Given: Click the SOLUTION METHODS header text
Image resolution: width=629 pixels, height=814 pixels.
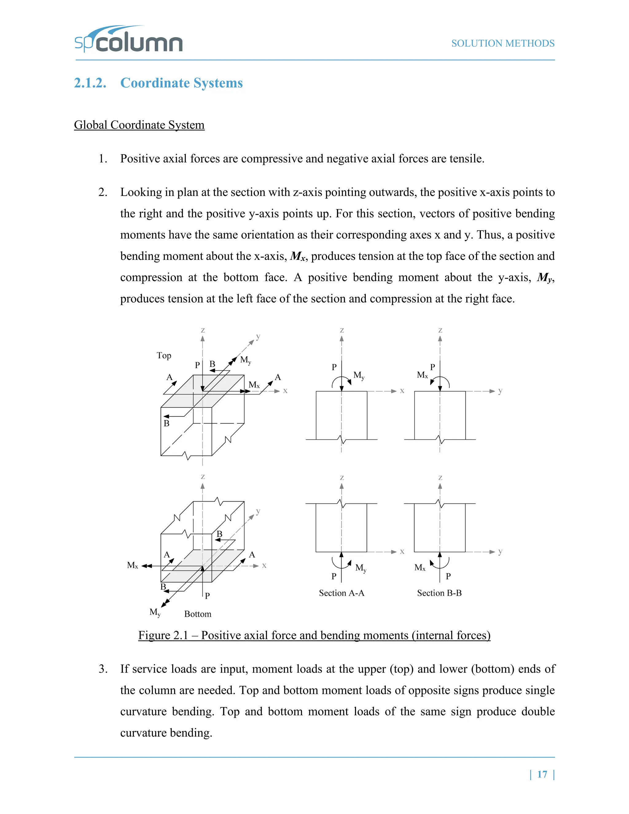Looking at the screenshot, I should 503,44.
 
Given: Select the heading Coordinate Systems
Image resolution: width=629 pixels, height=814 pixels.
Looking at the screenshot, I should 181,83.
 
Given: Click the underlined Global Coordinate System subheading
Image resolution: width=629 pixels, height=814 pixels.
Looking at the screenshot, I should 139,125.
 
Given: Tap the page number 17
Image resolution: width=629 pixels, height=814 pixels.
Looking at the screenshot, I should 542,774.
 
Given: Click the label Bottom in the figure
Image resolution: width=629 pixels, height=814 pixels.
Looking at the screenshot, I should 197,614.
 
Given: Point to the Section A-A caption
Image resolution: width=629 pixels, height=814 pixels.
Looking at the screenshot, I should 341,593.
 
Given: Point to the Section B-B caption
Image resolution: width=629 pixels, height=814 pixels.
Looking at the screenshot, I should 439,593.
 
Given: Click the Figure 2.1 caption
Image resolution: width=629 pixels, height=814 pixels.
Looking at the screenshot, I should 314,635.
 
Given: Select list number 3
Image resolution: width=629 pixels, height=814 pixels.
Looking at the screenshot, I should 103,669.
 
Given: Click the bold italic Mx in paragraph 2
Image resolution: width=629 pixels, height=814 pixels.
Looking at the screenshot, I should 298,256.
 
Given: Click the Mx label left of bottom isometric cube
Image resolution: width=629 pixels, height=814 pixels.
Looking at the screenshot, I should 132,565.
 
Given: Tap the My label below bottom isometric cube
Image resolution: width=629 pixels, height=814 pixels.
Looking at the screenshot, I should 155,612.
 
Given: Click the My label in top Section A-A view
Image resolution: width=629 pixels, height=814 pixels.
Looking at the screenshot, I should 358,375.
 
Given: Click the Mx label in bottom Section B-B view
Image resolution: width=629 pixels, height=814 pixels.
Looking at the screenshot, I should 420,568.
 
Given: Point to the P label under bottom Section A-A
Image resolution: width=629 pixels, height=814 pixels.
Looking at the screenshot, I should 334,577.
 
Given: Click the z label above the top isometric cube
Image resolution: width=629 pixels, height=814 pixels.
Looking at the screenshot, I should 203,330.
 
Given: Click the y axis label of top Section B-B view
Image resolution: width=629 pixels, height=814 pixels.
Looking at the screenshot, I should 500,391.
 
